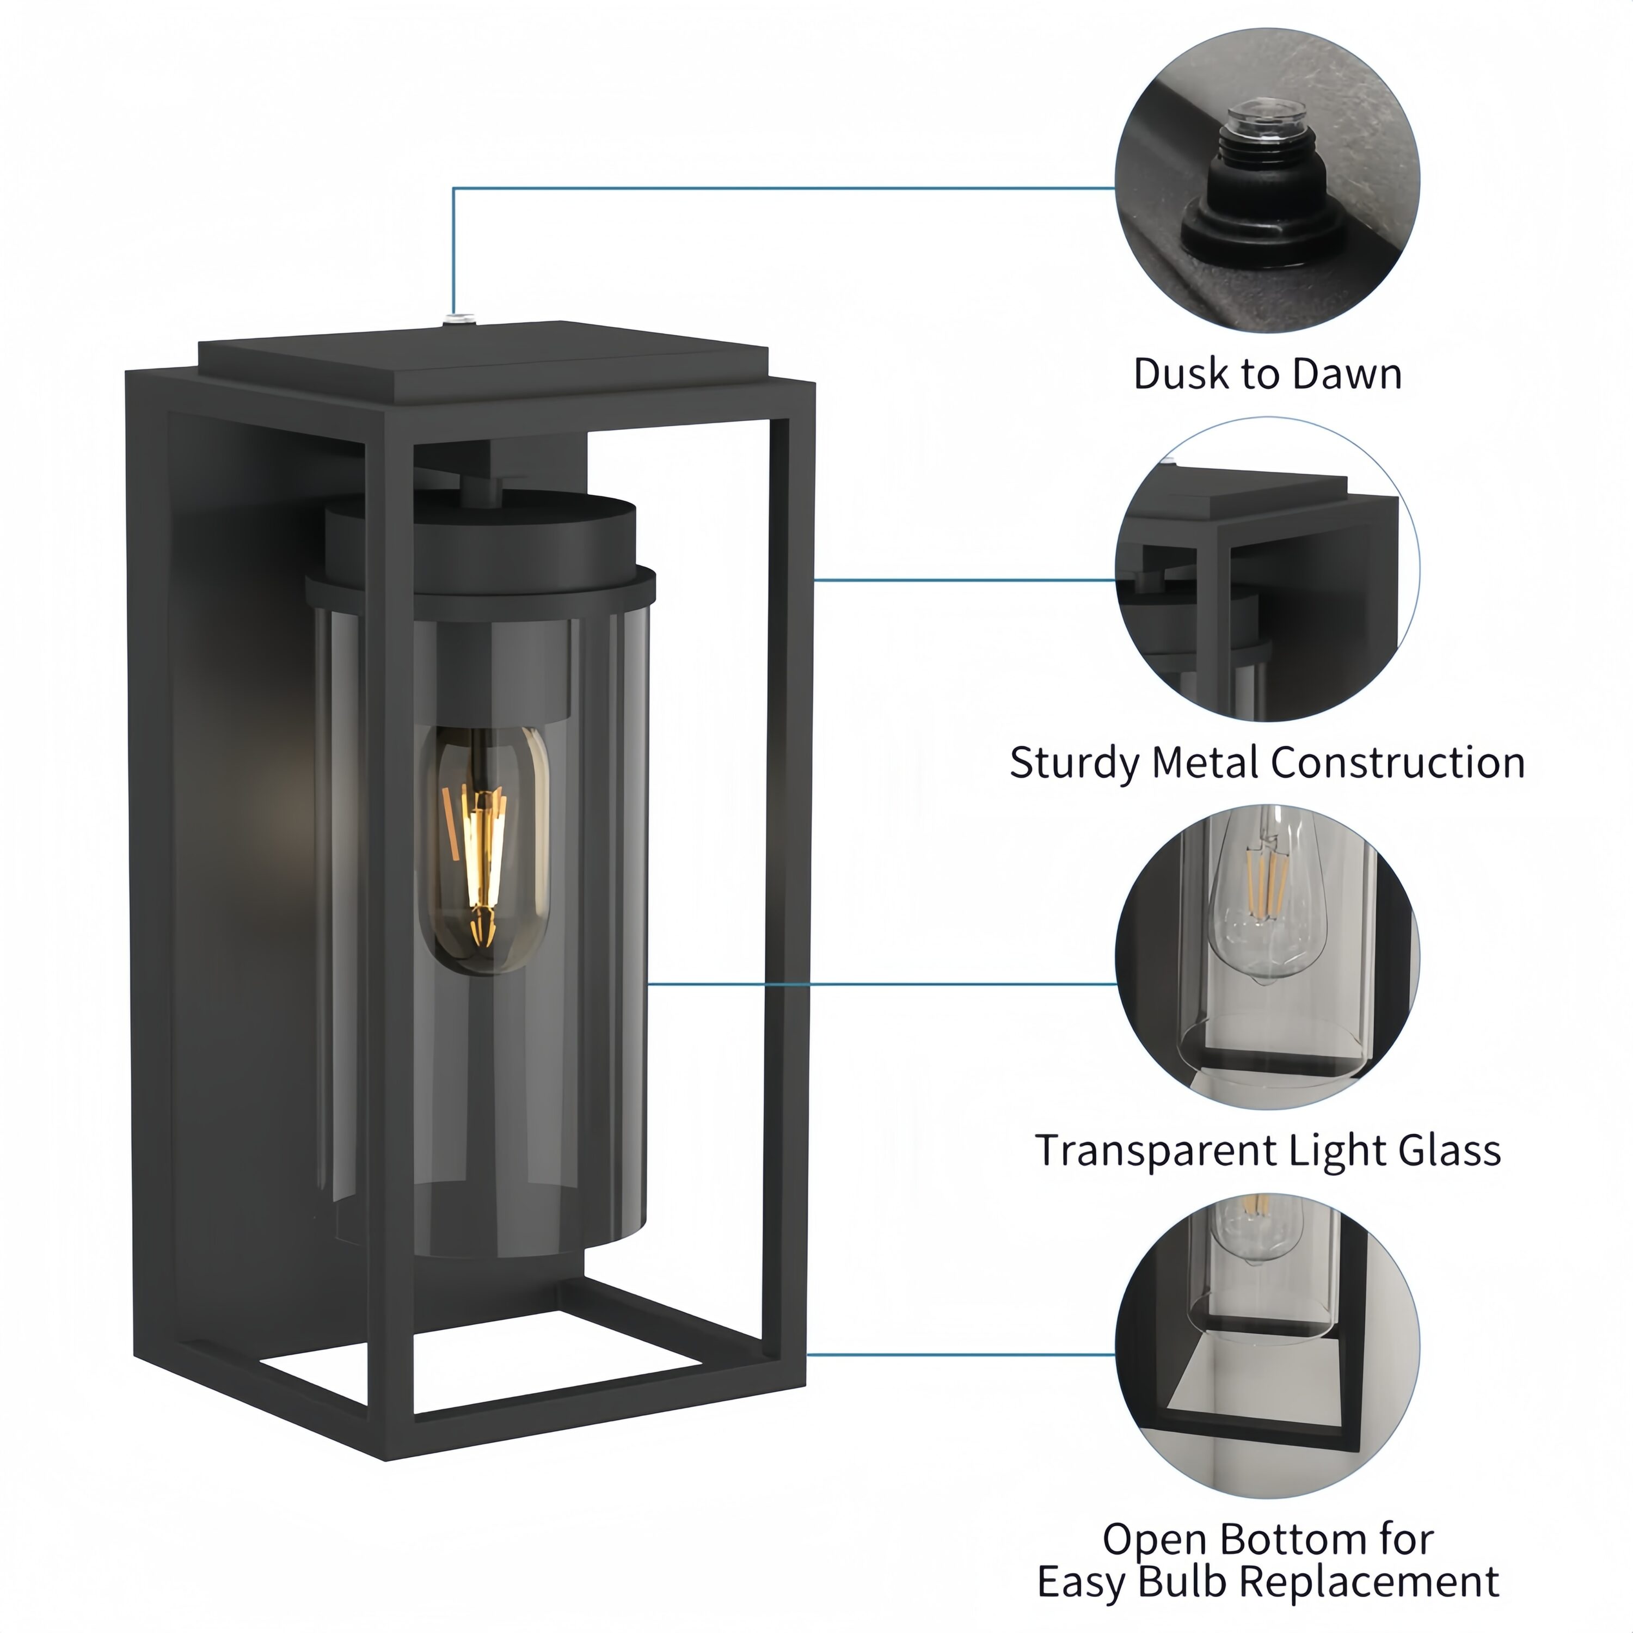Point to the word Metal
[x=1205, y=763]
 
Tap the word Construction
[x=1398, y=763]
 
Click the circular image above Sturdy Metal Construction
[x=1268, y=569]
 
